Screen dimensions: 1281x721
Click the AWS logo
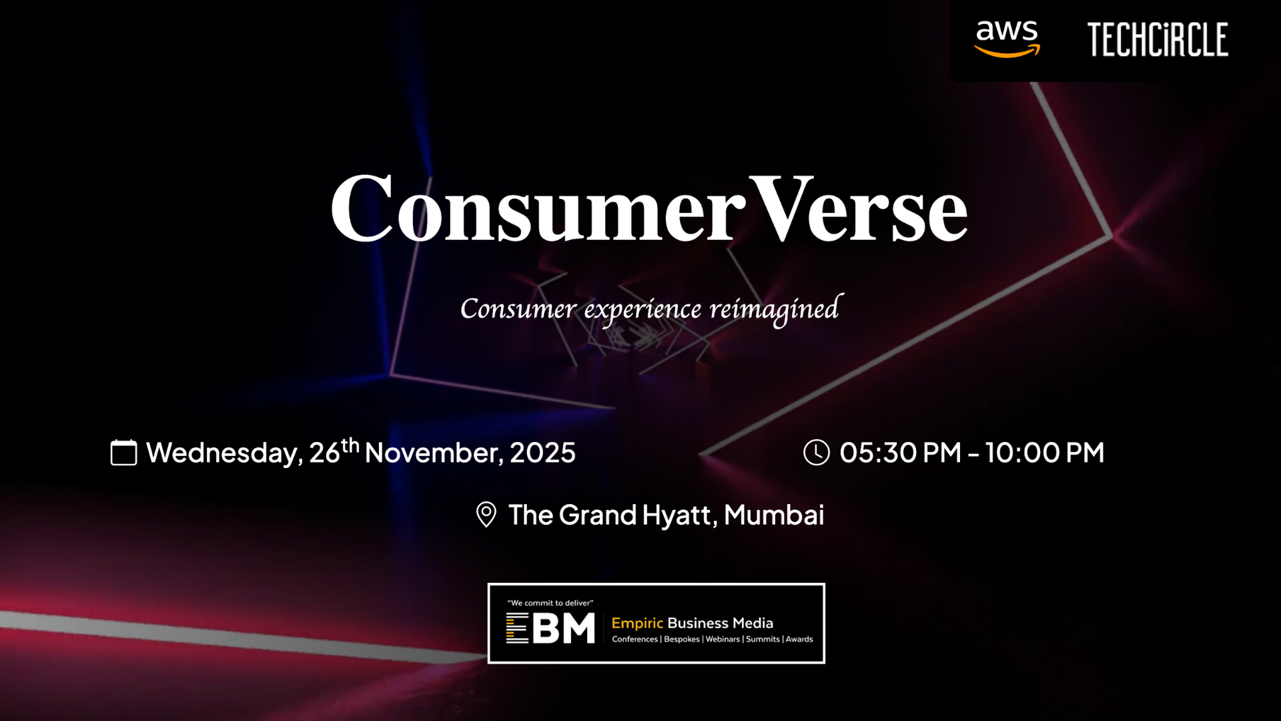[1007, 39]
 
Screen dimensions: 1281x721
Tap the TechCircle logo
[1158, 39]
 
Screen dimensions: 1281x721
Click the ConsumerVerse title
[649, 208]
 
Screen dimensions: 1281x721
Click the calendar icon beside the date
[123, 452]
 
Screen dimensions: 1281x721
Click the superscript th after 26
[350, 445]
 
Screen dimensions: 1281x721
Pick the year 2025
[542, 453]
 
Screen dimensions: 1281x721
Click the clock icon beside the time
[817, 452]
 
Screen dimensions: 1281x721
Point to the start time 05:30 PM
[900, 453]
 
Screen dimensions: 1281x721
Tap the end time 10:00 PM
[1045, 453]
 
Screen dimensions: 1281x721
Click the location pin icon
[486, 515]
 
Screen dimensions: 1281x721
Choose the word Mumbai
[775, 515]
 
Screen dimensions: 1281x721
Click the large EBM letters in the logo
[550, 628]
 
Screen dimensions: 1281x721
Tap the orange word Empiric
[637, 624]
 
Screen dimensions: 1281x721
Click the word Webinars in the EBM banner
[723, 640]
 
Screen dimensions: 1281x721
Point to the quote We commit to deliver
[550, 603]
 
